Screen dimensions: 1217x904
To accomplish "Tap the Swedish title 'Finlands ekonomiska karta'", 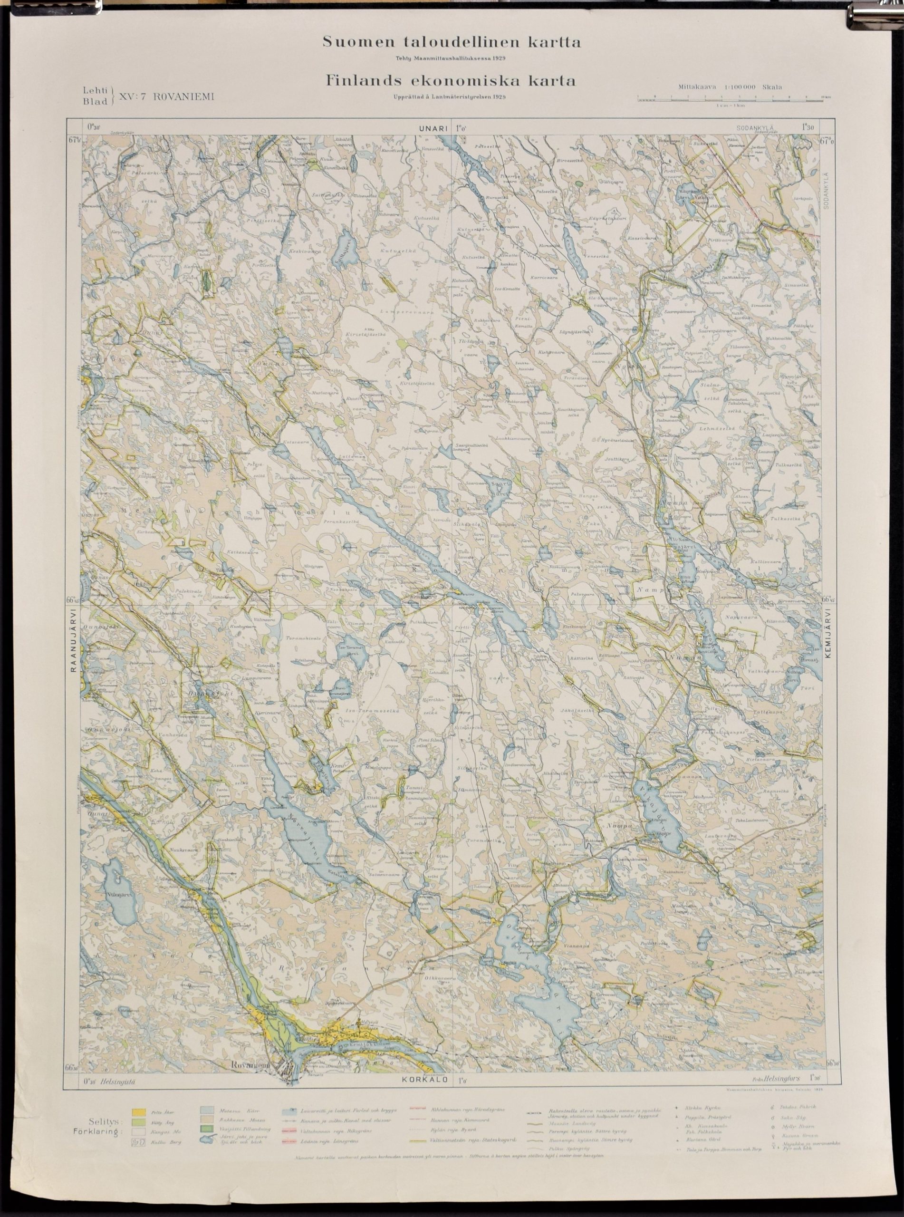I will [451, 81].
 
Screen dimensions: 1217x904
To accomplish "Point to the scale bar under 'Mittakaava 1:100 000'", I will [733, 98].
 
